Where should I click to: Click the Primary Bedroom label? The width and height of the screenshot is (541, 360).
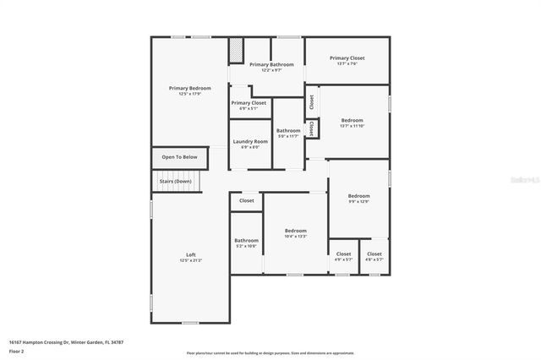pyautogui.click(x=189, y=88)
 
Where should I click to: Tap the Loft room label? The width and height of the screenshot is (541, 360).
pyautogui.click(x=190, y=254)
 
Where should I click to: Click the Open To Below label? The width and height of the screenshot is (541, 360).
pyautogui.click(x=179, y=156)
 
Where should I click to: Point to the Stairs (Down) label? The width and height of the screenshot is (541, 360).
pyautogui.click(x=175, y=181)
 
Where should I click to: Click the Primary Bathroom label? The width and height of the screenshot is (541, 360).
pyautogui.click(x=271, y=64)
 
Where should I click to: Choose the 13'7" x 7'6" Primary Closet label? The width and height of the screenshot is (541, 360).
pyautogui.click(x=347, y=58)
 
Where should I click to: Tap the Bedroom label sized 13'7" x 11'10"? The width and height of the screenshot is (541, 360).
pyautogui.click(x=352, y=120)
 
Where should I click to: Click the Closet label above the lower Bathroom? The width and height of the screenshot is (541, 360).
pyautogui.click(x=246, y=200)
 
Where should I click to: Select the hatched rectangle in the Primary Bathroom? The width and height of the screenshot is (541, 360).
pyautogui.click(x=236, y=51)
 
